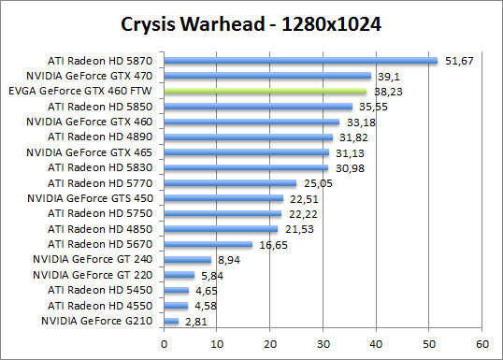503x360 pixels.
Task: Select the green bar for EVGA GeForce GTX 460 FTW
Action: (x=265, y=92)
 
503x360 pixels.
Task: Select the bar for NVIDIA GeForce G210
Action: (x=171, y=321)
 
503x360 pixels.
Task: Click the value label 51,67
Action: (x=459, y=61)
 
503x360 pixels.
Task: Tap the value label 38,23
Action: (x=388, y=92)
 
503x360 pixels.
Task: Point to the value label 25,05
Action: (x=318, y=183)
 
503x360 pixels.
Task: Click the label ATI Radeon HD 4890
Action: (x=100, y=137)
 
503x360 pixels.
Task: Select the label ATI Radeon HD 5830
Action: (x=100, y=167)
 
